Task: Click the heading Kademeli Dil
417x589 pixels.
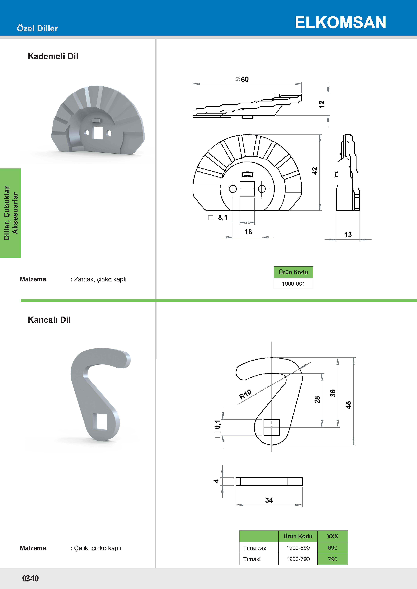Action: click(53, 56)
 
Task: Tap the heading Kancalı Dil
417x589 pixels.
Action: click(49, 320)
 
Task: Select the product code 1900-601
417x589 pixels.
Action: click(293, 284)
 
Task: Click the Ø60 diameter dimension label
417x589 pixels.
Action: click(242, 79)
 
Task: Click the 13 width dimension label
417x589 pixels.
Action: click(348, 234)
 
